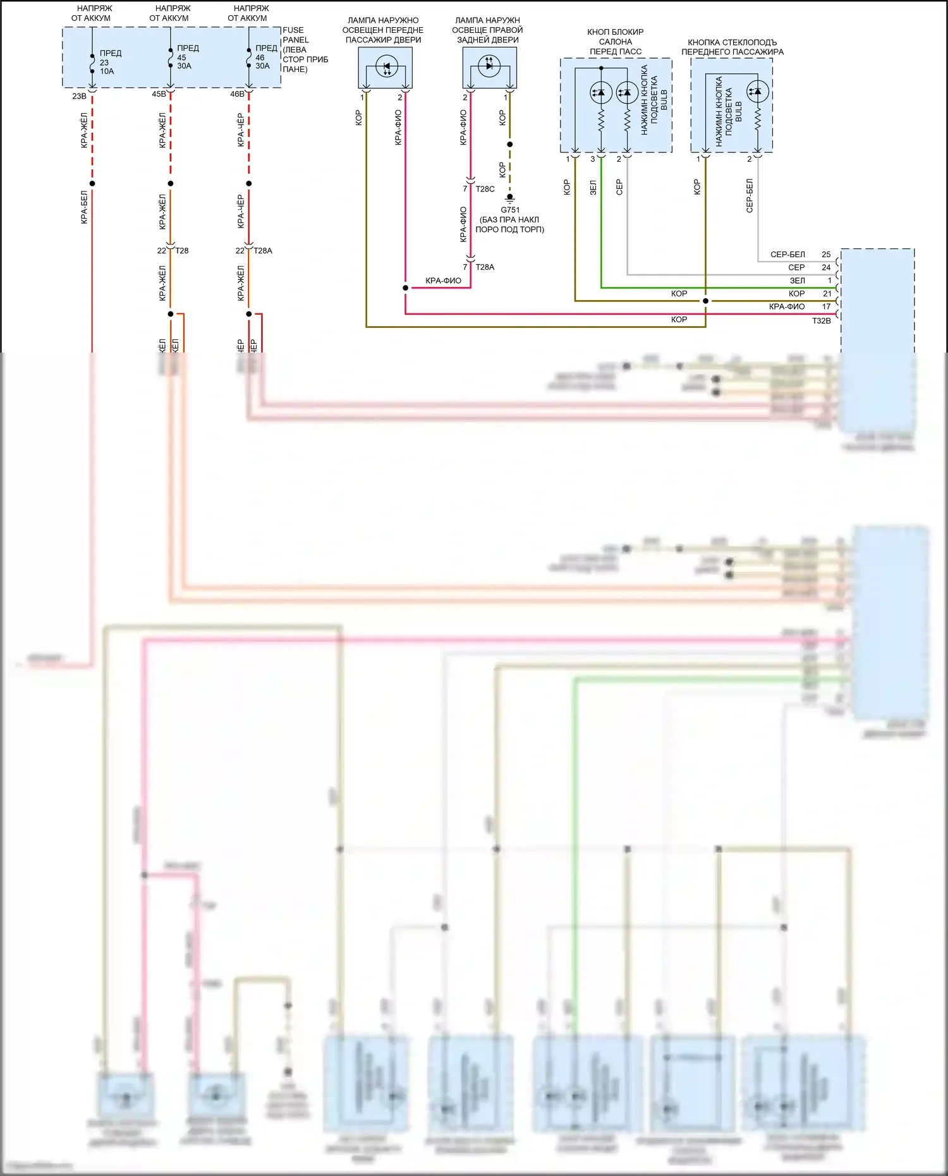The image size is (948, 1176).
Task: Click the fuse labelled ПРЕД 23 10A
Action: [x=92, y=63]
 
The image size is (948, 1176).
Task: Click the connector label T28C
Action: [x=485, y=189]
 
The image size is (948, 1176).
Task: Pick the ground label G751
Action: [x=510, y=210]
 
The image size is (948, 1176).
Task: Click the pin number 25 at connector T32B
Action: [x=826, y=255]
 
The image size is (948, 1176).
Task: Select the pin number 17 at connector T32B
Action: [x=826, y=306]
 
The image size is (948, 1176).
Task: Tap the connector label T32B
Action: [x=821, y=321]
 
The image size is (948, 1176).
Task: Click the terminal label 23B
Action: [x=79, y=96]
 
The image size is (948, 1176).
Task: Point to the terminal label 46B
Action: [x=237, y=94]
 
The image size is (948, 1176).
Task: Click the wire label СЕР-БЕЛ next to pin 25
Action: [x=787, y=255]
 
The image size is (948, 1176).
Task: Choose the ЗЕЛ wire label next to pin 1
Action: [x=797, y=281]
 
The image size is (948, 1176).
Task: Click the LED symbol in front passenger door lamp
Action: [x=386, y=66]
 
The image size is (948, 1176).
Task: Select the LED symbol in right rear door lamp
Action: [x=489, y=65]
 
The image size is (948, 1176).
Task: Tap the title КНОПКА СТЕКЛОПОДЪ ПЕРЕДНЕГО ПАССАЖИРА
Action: [x=732, y=47]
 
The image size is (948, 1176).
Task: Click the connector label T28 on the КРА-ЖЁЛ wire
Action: [x=182, y=251]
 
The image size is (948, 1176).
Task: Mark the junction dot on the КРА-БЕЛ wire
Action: [x=92, y=184]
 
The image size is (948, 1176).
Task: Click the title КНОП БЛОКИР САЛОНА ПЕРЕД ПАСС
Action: [x=615, y=42]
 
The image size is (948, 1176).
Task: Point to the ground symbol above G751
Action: [x=510, y=198]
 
